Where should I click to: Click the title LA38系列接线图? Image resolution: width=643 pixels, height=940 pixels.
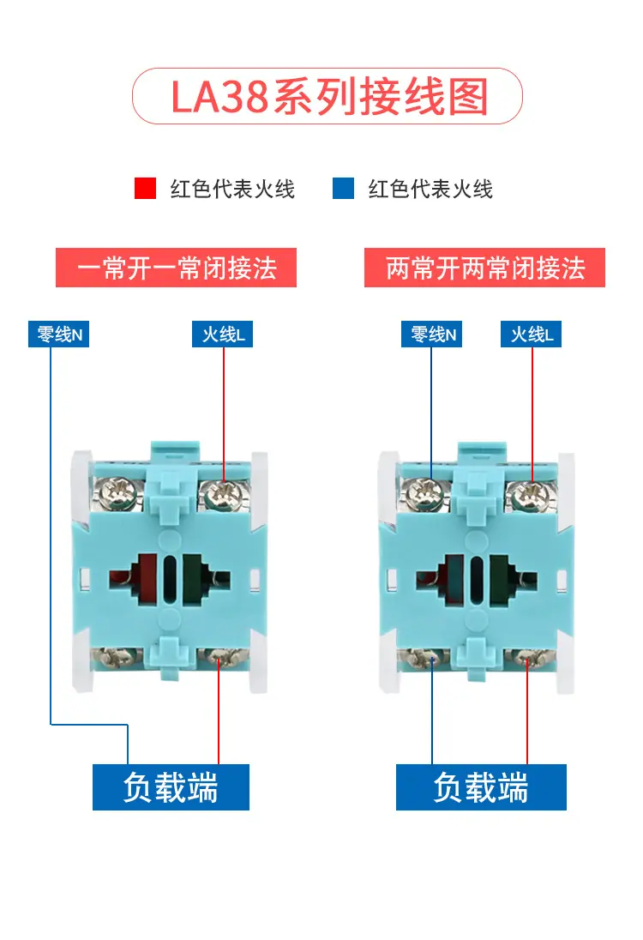tap(329, 97)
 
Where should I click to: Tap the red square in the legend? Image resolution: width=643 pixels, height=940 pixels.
tap(145, 188)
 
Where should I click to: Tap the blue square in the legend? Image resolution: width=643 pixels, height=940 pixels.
tap(344, 188)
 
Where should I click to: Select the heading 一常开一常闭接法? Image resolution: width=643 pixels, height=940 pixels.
tap(176, 268)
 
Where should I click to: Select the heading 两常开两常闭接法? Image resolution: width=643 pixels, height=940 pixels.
tap(484, 268)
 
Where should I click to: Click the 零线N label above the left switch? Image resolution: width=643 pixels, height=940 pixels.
tap(58, 334)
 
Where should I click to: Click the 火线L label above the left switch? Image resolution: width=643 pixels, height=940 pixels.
tap(222, 334)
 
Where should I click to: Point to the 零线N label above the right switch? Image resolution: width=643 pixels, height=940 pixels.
tap(431, 334)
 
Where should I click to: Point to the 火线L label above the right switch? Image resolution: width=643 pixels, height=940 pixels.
tap(531, 334)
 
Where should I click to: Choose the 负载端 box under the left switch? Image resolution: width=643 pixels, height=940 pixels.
tap(171, 787)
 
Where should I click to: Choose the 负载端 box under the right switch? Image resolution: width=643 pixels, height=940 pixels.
tap(481, 787)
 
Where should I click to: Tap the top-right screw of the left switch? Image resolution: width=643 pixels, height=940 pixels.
tap(221, 495)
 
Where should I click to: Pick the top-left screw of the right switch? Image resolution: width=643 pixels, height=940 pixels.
tap(428, 495)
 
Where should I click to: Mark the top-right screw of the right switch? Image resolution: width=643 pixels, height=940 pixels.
tap(529, 495)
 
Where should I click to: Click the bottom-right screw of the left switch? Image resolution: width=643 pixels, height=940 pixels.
tap(219, 658)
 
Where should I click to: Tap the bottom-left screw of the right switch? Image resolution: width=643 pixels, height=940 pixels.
tap(428, 658)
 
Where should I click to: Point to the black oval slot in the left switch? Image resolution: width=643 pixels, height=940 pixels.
tap(170, 579)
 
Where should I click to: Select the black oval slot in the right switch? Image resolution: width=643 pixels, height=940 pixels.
tap(477, 579)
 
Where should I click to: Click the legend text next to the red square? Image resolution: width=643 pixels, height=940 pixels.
tap(232, 188)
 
